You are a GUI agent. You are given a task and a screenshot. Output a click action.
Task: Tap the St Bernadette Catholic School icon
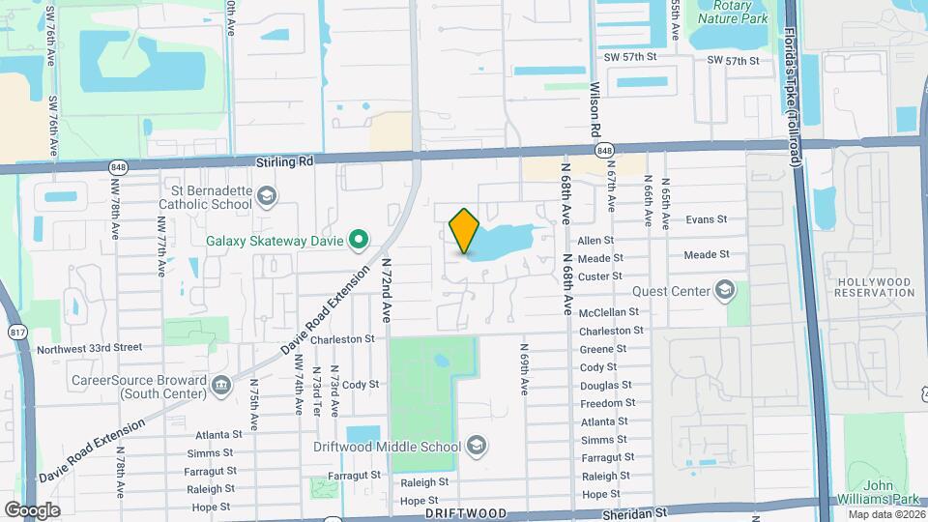268,197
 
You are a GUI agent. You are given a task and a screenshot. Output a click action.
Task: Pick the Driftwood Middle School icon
476,446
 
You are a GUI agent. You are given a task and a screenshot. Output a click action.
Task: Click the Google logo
32,509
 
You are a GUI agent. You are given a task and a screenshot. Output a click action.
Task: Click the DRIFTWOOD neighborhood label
466,513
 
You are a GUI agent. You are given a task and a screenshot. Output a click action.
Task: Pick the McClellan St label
609,312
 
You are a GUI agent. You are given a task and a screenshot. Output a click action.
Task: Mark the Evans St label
706,219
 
